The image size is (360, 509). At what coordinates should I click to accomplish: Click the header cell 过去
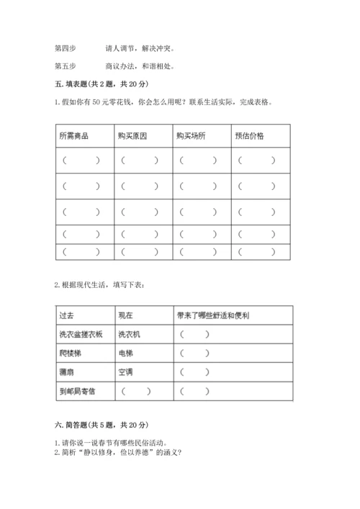pyautogui.click(x=66, y=315)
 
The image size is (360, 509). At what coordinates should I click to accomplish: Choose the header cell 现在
pyautogui.click(x=125, y=315)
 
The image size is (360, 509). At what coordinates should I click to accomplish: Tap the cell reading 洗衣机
pyautogui.click(x=130, y=334)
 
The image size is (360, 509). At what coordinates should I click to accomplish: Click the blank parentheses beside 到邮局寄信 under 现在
pyautogui.click(x=137, y=391)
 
